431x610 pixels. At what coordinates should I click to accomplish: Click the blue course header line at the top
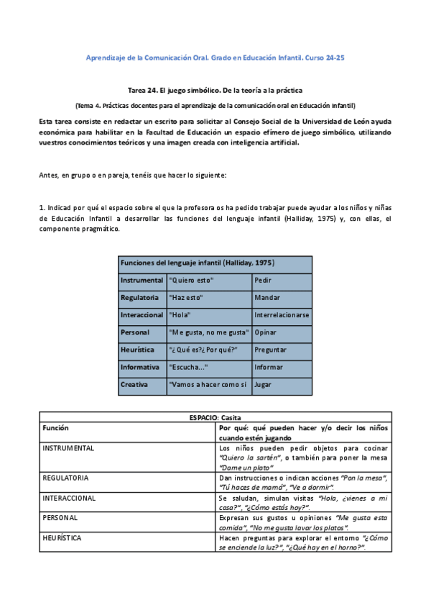coord(215,57)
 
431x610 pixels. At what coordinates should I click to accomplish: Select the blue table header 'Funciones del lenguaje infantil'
coord(198,263)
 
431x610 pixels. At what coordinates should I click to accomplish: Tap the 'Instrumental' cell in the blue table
coord(142,280)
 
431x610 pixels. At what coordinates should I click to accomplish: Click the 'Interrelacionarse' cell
coord(282,314)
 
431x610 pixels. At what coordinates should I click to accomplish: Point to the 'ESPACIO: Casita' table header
coord(215,416)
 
